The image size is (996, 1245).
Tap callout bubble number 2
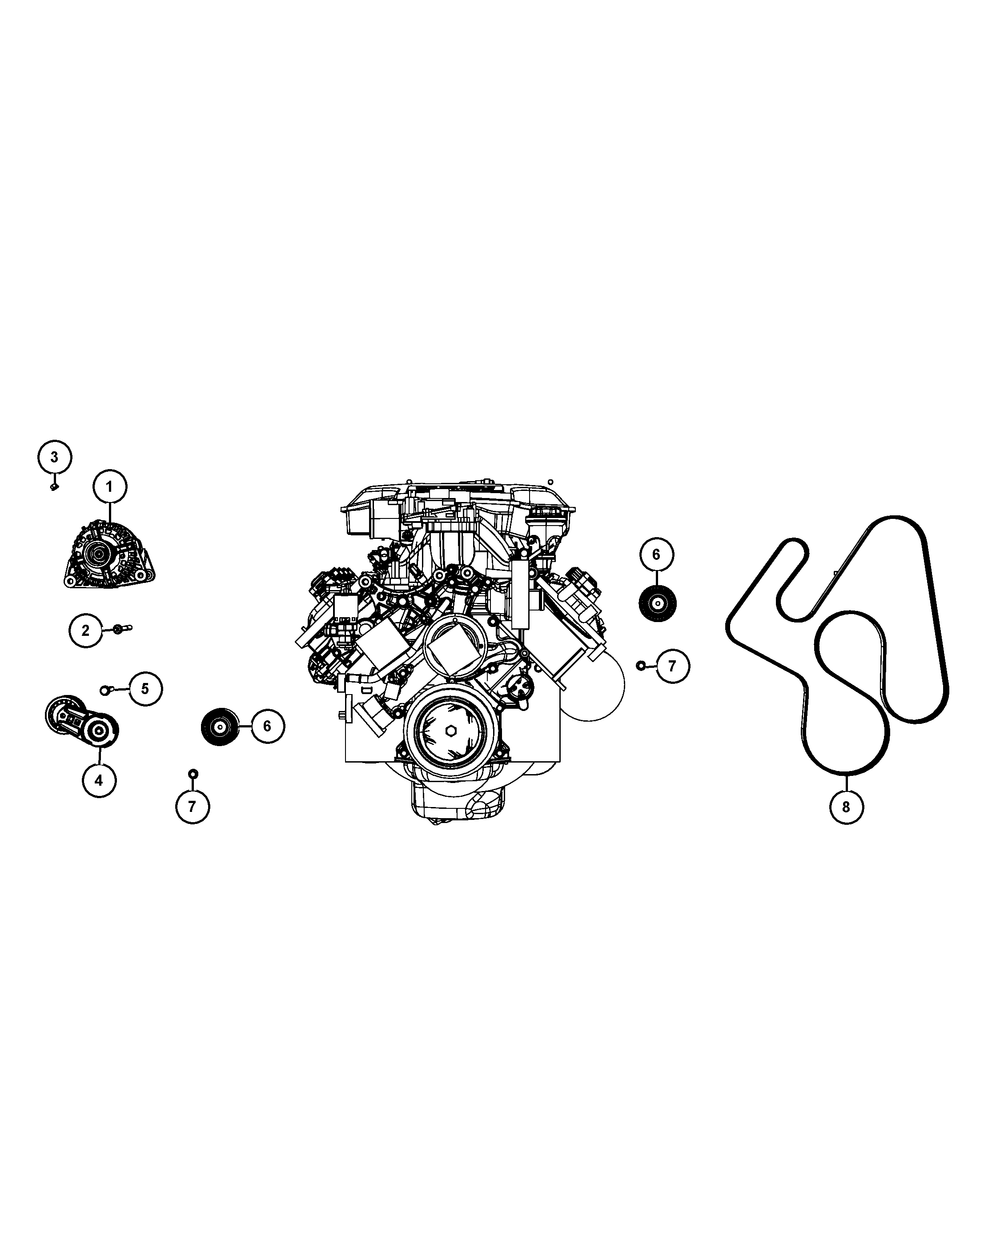point(85,631)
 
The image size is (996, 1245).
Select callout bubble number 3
point(55,457)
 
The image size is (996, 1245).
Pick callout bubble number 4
point(99,780)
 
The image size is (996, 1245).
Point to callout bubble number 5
point(145,688)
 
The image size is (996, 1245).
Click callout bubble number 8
point(847,807)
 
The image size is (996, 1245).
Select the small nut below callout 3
point(55,487)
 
